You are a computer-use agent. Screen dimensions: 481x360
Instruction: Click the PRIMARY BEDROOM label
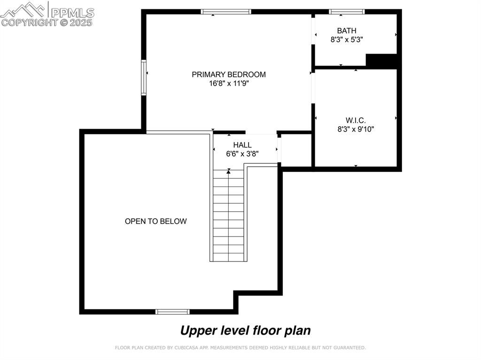[x=229, y=75]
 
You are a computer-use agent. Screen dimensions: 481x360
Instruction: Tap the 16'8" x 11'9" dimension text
[x=229, y=83]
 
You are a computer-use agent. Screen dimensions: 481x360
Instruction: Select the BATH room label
[x=347, y=31]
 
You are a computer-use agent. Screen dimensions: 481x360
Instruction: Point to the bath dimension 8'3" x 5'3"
[x=347, y=39]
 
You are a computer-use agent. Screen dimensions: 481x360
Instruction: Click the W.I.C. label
[x=356, y=120]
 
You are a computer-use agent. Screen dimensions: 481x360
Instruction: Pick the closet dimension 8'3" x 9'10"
[x=356, y=129]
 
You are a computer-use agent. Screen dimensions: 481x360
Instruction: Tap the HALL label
[x=242, y=145]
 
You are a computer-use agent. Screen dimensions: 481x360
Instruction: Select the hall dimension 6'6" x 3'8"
[x=242, y=153]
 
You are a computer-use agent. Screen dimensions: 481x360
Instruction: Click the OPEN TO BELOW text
[x=156, y=222]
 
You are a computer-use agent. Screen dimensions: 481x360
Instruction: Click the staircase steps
[x=229, y=215]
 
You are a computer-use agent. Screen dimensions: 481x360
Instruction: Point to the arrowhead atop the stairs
[x=229, y=172]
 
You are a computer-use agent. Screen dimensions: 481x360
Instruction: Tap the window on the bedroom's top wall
[x=226, y=12]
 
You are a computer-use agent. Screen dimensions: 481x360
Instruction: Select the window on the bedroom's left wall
[x=144, y=77]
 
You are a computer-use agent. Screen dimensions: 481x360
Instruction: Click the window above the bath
[x=347, y=12]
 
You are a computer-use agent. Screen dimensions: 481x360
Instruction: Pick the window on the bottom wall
[x=172, y=312]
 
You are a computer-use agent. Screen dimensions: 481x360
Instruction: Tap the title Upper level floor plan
[x=245, y=330]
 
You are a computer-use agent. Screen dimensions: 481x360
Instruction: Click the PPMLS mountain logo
[x=23, y=10]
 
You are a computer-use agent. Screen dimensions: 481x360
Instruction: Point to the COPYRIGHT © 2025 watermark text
[x=47, y=23]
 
